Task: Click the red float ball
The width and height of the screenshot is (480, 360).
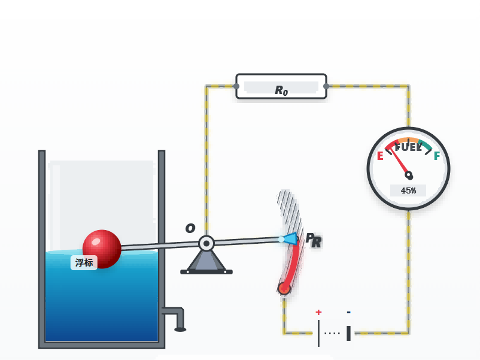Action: (x=102, y=249)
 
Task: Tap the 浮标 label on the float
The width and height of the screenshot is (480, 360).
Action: (x=84, y=262)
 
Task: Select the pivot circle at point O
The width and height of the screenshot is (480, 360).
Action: (x=206, y=244)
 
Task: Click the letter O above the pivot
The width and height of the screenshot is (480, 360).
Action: (x=190, y=228)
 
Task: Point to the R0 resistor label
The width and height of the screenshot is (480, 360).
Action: (x=281, y=90)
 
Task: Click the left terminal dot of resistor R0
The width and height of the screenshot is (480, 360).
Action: (x=236, y=86)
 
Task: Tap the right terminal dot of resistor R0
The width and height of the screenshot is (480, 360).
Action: (x=326, y=86)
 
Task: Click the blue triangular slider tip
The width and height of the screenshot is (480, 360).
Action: (x=291, y=239)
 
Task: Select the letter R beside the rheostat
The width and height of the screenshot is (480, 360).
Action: (x=317, y=242)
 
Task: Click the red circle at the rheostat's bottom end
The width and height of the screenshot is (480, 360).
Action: (x=284, y=288)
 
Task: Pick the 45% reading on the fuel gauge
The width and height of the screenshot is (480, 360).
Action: (x=408, y=190)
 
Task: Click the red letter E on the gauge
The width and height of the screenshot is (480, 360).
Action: (x=380, y=156)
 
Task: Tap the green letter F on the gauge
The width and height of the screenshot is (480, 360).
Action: (x=437, y=156)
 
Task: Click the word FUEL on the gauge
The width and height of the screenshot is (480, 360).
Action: (x=408, y=147)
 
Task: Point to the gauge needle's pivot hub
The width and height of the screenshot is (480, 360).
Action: (x=409, y=176)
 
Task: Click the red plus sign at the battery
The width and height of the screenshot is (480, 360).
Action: (x=318, y=312)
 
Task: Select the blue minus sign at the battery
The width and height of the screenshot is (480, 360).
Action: (x=348, y=312)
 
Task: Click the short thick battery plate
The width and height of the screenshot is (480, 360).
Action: (x=348, y=333)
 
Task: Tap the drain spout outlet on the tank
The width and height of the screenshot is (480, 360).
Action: (x=180, y=329)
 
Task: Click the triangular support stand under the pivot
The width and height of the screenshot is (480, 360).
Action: (x=206, y=262)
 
